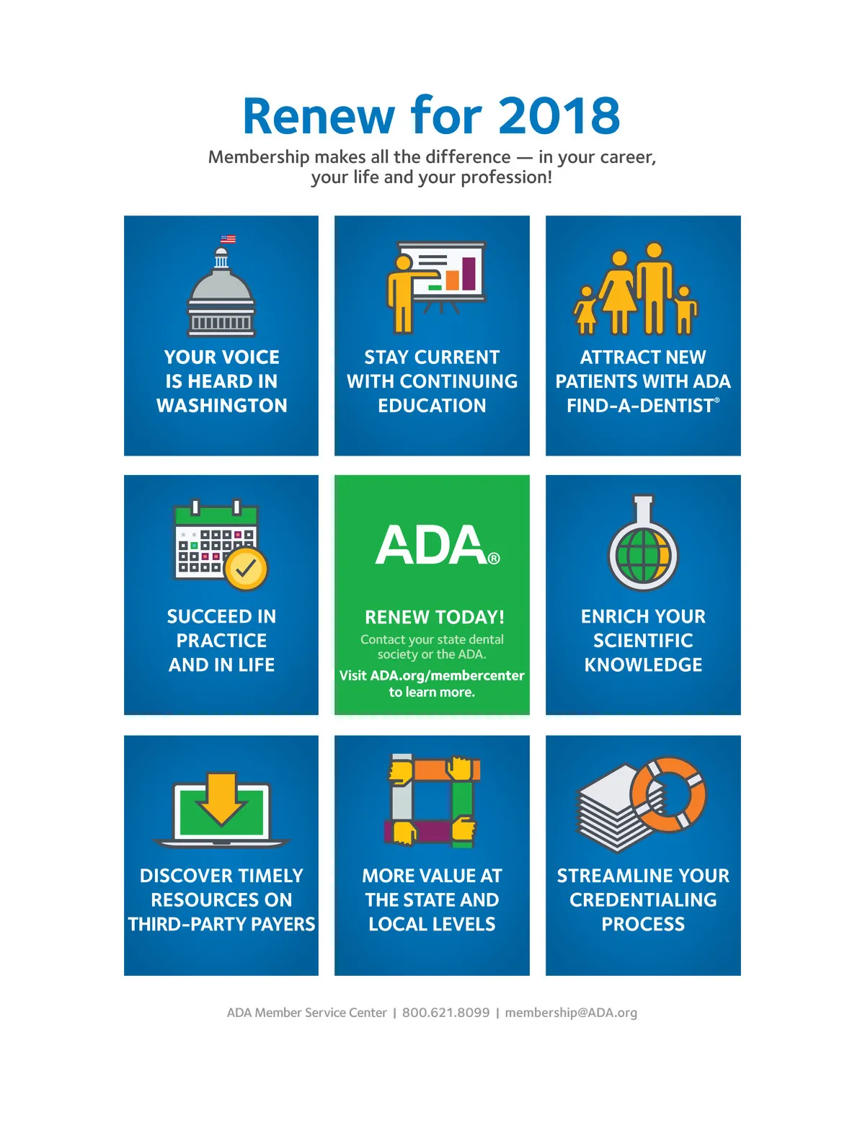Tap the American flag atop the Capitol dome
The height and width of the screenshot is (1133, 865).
point(228,239)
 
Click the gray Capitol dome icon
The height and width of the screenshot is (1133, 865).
point(221,292)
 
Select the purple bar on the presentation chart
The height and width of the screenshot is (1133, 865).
point(469,274)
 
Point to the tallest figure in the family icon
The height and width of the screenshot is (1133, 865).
point(654,288)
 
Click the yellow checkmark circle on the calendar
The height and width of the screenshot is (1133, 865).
point(246,569)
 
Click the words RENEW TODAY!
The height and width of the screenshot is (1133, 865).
point(434,617)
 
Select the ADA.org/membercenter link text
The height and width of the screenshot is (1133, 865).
point(447,675)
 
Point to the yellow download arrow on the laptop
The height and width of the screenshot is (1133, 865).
point(222,799)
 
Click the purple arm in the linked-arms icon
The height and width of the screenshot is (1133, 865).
point(418,832)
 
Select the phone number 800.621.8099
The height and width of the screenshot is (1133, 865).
point(446,1012)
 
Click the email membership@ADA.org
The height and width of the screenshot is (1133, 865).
point(571,1012)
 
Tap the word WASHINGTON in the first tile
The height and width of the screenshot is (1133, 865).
point(221,405)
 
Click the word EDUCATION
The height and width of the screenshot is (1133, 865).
point(432,405)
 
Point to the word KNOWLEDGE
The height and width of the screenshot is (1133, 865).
point(643,665)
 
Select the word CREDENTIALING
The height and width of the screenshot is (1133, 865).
point(643,899)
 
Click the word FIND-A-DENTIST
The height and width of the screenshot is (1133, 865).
point(640,406)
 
